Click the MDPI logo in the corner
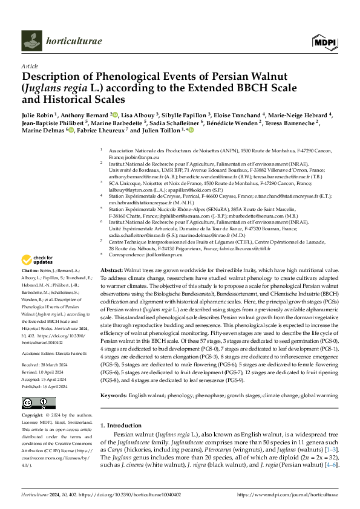[x=324, y=41]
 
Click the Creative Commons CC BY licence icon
[x=36, y=402]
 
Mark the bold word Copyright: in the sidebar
[x=34, y=417]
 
